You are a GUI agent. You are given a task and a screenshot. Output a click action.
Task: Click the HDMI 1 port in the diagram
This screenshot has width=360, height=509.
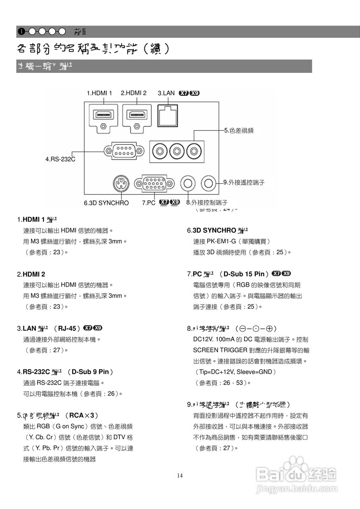pyautogui.click(x=104, y=115)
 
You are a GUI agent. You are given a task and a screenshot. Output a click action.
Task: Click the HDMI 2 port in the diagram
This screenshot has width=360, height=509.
pyautogui.click(x=137, y=115)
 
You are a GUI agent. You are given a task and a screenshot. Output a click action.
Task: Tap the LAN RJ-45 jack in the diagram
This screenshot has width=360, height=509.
pyautogui.click(x=168, y=115)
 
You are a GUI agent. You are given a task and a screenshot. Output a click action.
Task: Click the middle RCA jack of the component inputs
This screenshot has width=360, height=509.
pyautogui.click(x=177, y=152)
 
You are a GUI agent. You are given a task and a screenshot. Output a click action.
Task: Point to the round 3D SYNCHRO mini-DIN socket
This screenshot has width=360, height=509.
pyautogui.click(x=121, y=183)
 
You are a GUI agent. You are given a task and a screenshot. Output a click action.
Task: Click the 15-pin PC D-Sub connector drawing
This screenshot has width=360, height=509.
pyautogui.click(x=154, y=183)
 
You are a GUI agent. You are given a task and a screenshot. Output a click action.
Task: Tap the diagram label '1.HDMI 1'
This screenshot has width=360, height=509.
pyautogui.click(x=99, y=93)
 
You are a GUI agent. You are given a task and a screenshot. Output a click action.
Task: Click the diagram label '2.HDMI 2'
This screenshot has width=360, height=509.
pyautogui.click(x=134, y=93)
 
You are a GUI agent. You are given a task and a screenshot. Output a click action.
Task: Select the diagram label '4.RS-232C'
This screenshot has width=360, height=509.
pyautogui.click(x=60, y=159)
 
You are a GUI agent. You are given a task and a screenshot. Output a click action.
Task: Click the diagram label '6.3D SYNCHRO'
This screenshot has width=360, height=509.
pyautogui.click(x=106, y=203)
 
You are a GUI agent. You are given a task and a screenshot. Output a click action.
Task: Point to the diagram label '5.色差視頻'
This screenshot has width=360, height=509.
pyautogui.click(x=239, y=130)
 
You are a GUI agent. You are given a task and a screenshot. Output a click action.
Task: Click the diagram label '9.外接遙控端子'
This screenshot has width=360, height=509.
pyautogui.click(x=243, y=183)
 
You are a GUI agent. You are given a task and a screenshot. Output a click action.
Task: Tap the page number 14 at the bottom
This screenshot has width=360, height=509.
pyautogui.click(x=180, y=475)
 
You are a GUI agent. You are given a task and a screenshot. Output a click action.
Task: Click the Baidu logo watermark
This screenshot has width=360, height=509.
pyautogui.click(x=296, y=473)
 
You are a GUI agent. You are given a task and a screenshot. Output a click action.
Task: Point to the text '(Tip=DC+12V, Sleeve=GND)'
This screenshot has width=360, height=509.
pyautogui.click(x=235, y=372)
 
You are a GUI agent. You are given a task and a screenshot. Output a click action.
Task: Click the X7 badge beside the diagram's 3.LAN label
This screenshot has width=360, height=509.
pyautogui.click(x=183, y=93)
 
